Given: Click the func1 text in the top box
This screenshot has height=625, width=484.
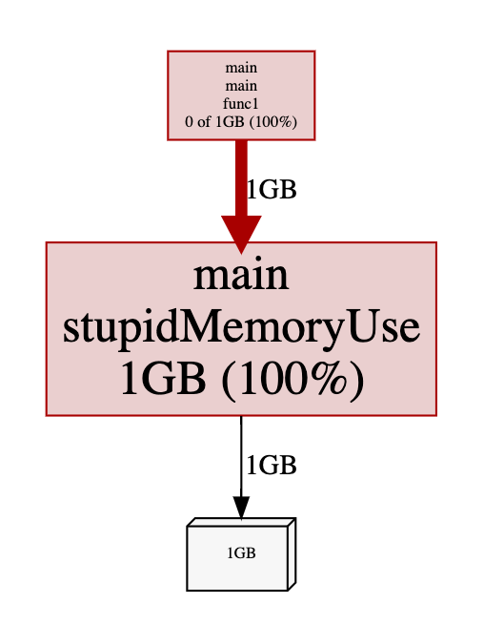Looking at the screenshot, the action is pos(241,104).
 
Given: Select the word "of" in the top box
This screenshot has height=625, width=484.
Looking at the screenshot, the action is pos(203,121).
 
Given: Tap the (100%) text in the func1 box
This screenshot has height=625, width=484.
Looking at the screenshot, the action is pos(273,121).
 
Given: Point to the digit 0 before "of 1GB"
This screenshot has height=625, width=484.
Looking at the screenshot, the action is pos(189,122).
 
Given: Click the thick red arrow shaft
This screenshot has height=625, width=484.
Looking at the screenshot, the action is pos(241,178).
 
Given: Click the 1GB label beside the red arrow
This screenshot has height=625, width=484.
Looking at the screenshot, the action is pos(272,189).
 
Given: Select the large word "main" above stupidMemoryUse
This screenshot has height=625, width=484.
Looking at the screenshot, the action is pos(241,275).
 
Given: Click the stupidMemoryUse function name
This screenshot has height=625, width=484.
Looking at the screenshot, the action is pos(241,327).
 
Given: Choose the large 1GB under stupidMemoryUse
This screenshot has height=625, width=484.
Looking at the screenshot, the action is pos(164,378).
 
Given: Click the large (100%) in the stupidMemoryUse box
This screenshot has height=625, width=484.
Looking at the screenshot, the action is pos(292,380).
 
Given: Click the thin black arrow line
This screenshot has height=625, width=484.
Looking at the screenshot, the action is pos(241,457).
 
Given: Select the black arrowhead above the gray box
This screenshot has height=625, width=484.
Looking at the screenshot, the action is pos(241,508).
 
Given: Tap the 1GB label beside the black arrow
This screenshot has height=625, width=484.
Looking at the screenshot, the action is pos(272,465).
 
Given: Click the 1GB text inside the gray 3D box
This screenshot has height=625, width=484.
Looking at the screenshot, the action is pos(241,552).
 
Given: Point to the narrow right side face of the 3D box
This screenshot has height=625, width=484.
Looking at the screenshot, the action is pos(292,554).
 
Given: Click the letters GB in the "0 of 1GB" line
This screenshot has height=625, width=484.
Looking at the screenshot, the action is pos(233,121).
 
